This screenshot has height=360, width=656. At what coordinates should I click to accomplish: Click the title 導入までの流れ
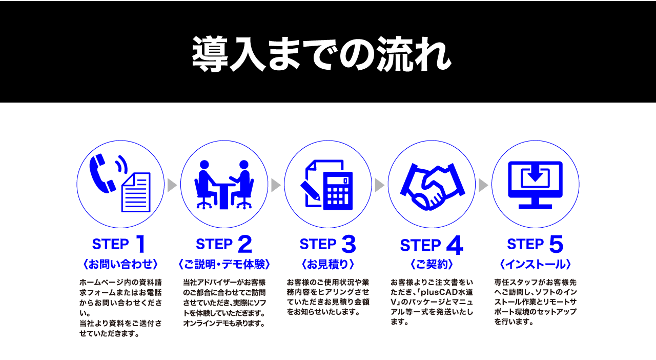coord(321,53)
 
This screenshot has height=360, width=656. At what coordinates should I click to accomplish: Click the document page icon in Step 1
coord(136,192)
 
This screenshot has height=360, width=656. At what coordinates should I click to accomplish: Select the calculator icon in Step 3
coord(338,190)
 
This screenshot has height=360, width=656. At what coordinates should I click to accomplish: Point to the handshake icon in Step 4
coord(432,187)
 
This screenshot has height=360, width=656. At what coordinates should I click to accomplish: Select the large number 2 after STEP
coord(244,245)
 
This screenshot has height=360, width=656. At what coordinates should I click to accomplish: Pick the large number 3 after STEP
coord(348,245)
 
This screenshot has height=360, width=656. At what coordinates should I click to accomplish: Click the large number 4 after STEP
coord(454,246)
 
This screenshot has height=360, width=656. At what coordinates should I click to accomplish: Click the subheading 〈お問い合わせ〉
coord(120,265)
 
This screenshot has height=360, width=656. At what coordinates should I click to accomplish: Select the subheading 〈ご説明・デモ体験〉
coord(224,265)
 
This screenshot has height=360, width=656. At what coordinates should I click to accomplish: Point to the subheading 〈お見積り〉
coord(328,265)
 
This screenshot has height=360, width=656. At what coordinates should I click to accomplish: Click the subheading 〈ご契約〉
coord(432,265)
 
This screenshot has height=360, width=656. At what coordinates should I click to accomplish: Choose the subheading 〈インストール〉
coord(535,265)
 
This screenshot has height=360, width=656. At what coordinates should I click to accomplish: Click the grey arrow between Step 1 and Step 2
coord(172,185)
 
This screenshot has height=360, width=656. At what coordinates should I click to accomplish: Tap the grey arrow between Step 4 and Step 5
coord(483,185)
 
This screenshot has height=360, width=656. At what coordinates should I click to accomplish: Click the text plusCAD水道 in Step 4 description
coord(446,292)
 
